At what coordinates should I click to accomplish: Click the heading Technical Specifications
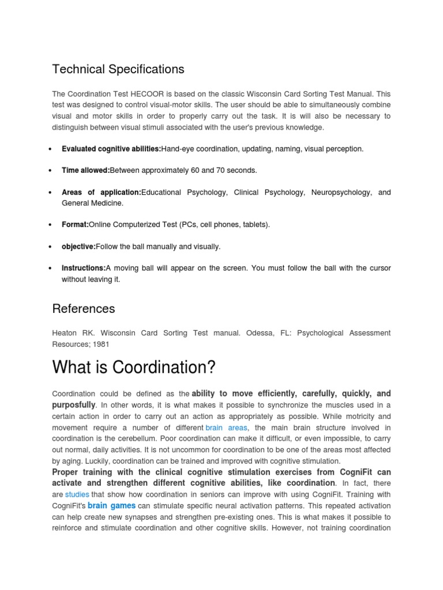point(118,69)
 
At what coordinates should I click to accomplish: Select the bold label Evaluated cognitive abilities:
point(111,149)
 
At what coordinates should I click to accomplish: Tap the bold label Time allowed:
point(85,171)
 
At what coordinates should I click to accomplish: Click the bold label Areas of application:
point(101,192)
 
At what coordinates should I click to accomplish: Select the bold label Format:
point(75,225)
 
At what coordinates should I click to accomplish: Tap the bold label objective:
point(78,247)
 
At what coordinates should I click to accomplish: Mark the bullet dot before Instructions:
point(50,268)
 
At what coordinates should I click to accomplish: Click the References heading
point(84,308)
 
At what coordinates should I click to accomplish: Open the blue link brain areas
point(226,428)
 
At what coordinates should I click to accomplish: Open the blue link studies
point(77,494)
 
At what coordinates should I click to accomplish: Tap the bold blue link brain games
point(111,505)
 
